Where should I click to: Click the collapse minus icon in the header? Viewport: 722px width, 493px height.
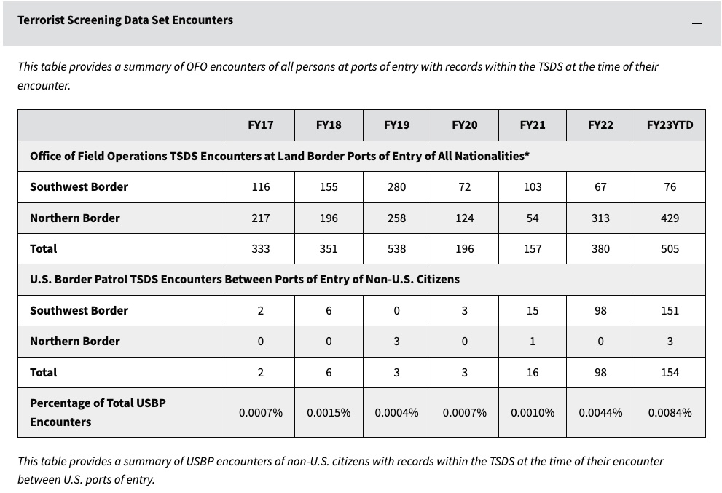(697, 23)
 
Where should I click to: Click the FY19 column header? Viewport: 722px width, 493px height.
(396, 125)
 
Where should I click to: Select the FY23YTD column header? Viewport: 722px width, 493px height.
(670, 125)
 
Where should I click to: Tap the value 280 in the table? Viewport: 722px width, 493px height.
(396, 187)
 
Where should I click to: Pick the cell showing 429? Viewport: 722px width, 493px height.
(670, 218)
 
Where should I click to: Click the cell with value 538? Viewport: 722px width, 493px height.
(396, 249)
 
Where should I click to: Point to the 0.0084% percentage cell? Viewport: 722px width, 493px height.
(670, 412)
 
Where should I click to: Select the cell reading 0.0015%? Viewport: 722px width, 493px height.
(329, 412)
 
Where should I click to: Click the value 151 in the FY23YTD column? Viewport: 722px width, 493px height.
(670, 311)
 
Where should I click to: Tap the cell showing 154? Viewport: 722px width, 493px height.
(670, 372)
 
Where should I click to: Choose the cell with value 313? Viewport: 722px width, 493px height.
(600, 218)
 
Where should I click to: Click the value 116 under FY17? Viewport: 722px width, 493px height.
(261, 187)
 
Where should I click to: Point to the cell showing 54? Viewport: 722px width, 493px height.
(533, 218)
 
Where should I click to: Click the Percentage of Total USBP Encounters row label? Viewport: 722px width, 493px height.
(98, 412)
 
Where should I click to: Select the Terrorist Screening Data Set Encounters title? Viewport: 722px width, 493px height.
(125, 20)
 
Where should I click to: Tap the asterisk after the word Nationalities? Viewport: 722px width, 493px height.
(527, 154)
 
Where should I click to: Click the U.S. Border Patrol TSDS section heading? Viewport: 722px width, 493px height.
(245, 280)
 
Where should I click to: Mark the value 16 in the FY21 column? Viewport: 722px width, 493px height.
(533, 372)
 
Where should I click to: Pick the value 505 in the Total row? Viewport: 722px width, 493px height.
(670, 249)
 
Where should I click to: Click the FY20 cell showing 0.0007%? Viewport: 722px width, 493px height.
(465, 412)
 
